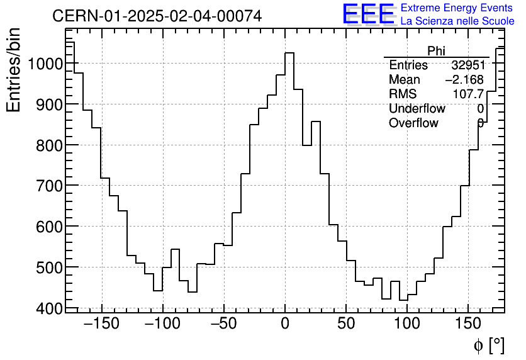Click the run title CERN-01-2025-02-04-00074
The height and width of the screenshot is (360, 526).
coord(157,16)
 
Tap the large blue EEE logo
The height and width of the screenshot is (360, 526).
coord(368,14)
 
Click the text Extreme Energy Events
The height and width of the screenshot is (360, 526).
coord(457,8)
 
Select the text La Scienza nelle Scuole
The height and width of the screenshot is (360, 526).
coord(457,21)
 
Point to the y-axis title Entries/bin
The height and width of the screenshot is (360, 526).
coord(14,70)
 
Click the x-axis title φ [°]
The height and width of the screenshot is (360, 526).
coord(488,345)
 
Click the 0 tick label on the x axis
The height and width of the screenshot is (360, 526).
coord(285,325)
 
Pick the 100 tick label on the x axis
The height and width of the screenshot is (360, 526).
coord(407,325)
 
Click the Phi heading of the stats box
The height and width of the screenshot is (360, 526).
coord(436,51)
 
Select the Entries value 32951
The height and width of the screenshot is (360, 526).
coord(467,65)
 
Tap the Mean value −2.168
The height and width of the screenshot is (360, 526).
coord(464,80)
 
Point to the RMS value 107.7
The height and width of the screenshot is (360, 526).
coord(468,94)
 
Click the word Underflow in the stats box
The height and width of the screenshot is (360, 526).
coord(417,108)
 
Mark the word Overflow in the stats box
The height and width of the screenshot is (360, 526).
coord(413,123)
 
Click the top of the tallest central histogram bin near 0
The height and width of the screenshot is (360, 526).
coord(289,53)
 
